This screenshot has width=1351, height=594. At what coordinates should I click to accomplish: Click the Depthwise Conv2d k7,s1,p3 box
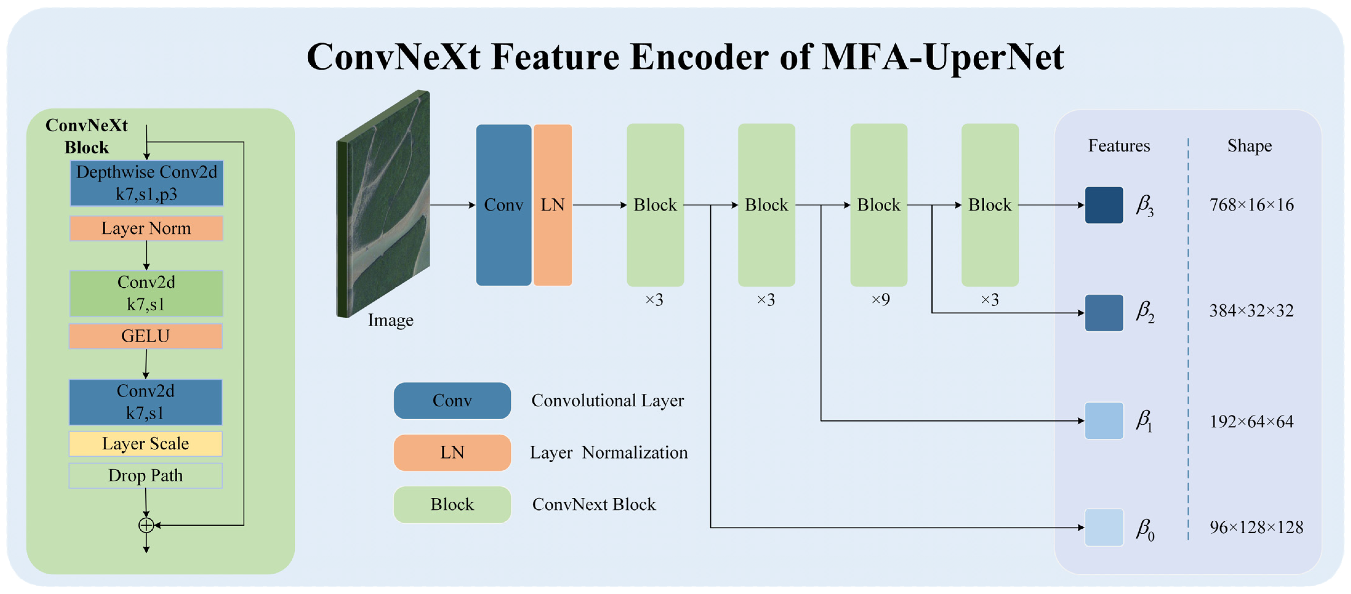[146, 183]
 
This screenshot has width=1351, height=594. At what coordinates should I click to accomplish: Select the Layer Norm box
[146, 228]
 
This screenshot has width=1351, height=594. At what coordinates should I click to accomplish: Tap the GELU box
[146, 336]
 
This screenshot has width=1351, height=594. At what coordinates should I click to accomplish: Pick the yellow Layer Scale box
[146, 444]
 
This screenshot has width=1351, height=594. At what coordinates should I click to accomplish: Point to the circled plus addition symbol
[146, 525]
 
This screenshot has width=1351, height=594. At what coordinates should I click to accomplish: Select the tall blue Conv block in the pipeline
[503, 205]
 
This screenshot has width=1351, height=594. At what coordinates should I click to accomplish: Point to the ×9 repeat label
[880, 299]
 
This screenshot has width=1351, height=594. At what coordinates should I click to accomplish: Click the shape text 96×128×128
[1256, 527]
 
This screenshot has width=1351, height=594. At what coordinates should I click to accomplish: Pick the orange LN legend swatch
[452, 452]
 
